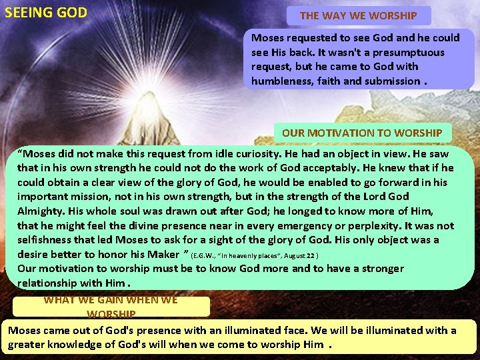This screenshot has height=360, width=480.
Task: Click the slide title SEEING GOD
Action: [x=45, y=12]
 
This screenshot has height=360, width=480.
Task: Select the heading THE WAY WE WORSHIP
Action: [x=359, y=15]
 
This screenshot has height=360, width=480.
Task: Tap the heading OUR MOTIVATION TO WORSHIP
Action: [x=362, y=133]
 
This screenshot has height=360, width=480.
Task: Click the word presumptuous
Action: [x=407, y=52]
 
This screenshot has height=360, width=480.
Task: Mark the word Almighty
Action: [x=43, y=211]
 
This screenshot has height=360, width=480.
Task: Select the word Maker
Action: [x=163, y=255]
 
